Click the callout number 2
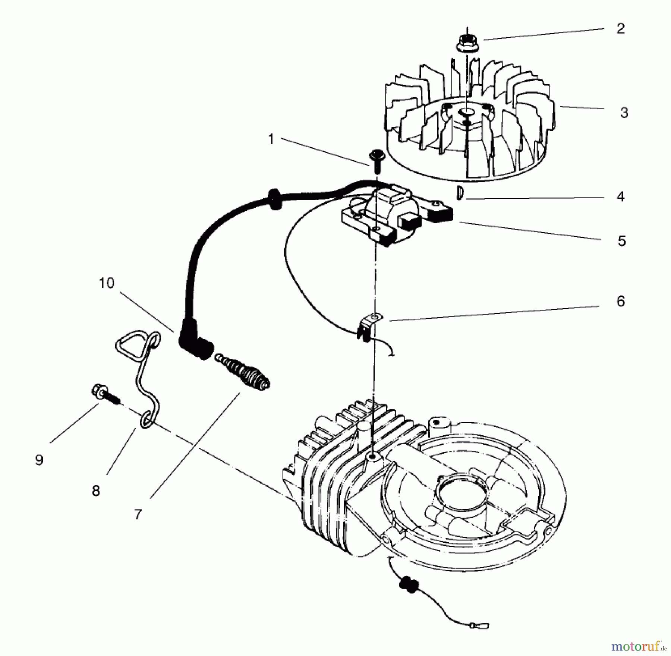point(620,29)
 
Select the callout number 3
point(624,112)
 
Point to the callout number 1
point(271,139)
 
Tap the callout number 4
point(620,196)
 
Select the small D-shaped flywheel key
point(460,193)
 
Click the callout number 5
point(621,241)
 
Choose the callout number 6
point(620,301)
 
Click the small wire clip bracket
point(369,325)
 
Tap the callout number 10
point(107,283)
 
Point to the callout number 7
point(138,515)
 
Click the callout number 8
point(96,491)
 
